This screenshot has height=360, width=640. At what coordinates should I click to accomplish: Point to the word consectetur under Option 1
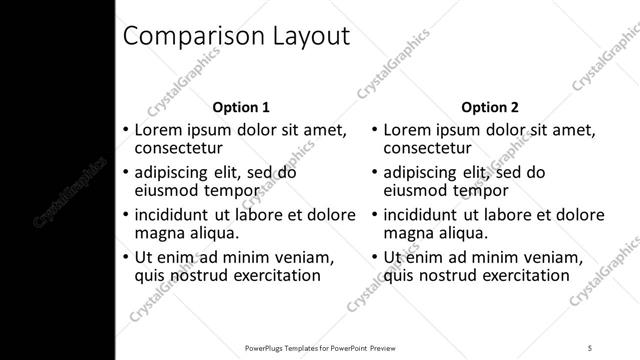click(178, 149)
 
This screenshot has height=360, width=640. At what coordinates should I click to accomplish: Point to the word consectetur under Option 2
click(427, 149)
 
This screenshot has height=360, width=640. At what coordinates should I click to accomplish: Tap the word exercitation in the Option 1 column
click(271, 275)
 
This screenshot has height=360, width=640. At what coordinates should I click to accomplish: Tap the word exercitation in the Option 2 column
click(520, 275)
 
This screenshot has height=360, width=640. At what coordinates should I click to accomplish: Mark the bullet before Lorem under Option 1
click(124, 130)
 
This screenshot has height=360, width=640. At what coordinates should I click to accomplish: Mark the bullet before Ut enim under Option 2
click(373, 257)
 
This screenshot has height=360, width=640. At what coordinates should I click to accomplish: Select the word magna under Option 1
click(156, 233)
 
